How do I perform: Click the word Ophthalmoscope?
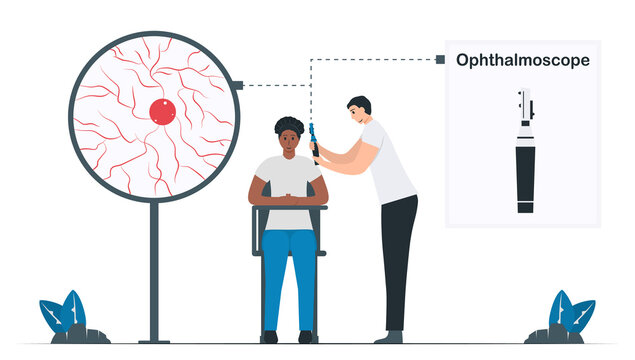click(x=522, y=60)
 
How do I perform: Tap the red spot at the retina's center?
click(x=162, y=111)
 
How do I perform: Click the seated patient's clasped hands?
click(x=289, y=196)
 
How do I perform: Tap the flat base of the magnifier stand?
click(x=154, y=340)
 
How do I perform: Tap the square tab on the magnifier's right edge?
click(x=237, y=86)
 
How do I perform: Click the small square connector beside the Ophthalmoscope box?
click(x=440, y=60)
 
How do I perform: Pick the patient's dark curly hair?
click(x=289, y=125)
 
